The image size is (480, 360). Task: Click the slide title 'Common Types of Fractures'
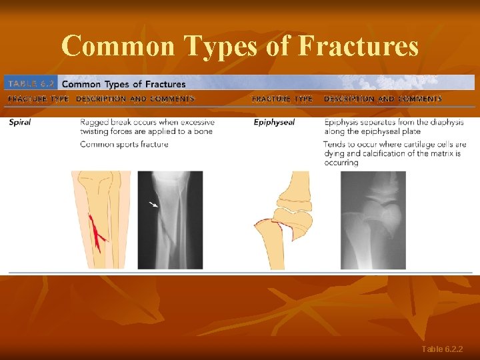point(240,47)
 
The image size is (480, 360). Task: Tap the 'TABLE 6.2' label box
point(31,84)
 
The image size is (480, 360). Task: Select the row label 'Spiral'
point(19,123)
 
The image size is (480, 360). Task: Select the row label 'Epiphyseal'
point(274,123)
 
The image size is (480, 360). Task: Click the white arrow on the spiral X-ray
point(153,203)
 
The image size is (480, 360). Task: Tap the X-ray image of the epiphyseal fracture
point(373,220)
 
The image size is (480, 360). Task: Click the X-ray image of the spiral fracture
point(170,220)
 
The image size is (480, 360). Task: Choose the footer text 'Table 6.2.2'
point(442,349)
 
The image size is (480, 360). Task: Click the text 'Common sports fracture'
point(124,145)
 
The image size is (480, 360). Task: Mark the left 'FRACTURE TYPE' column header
point(38,99)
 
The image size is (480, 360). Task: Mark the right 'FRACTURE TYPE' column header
point(282,99)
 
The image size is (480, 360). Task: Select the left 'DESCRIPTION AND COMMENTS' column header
point(135,99)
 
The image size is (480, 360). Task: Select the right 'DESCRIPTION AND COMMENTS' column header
point(383,99)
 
